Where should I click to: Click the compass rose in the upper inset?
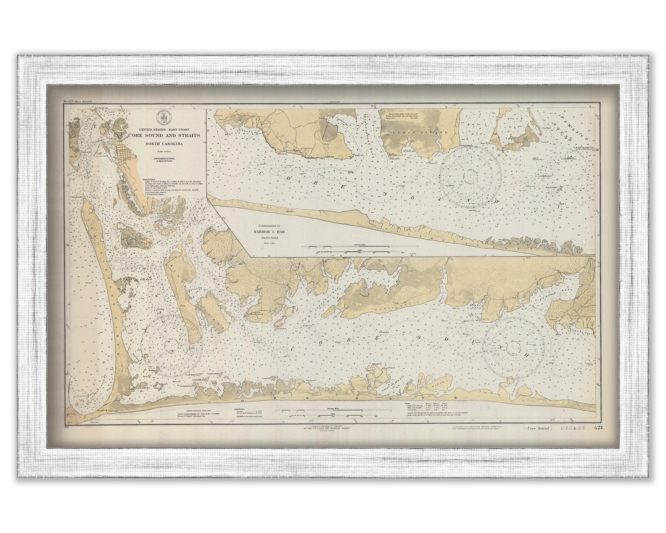point(470,176)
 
